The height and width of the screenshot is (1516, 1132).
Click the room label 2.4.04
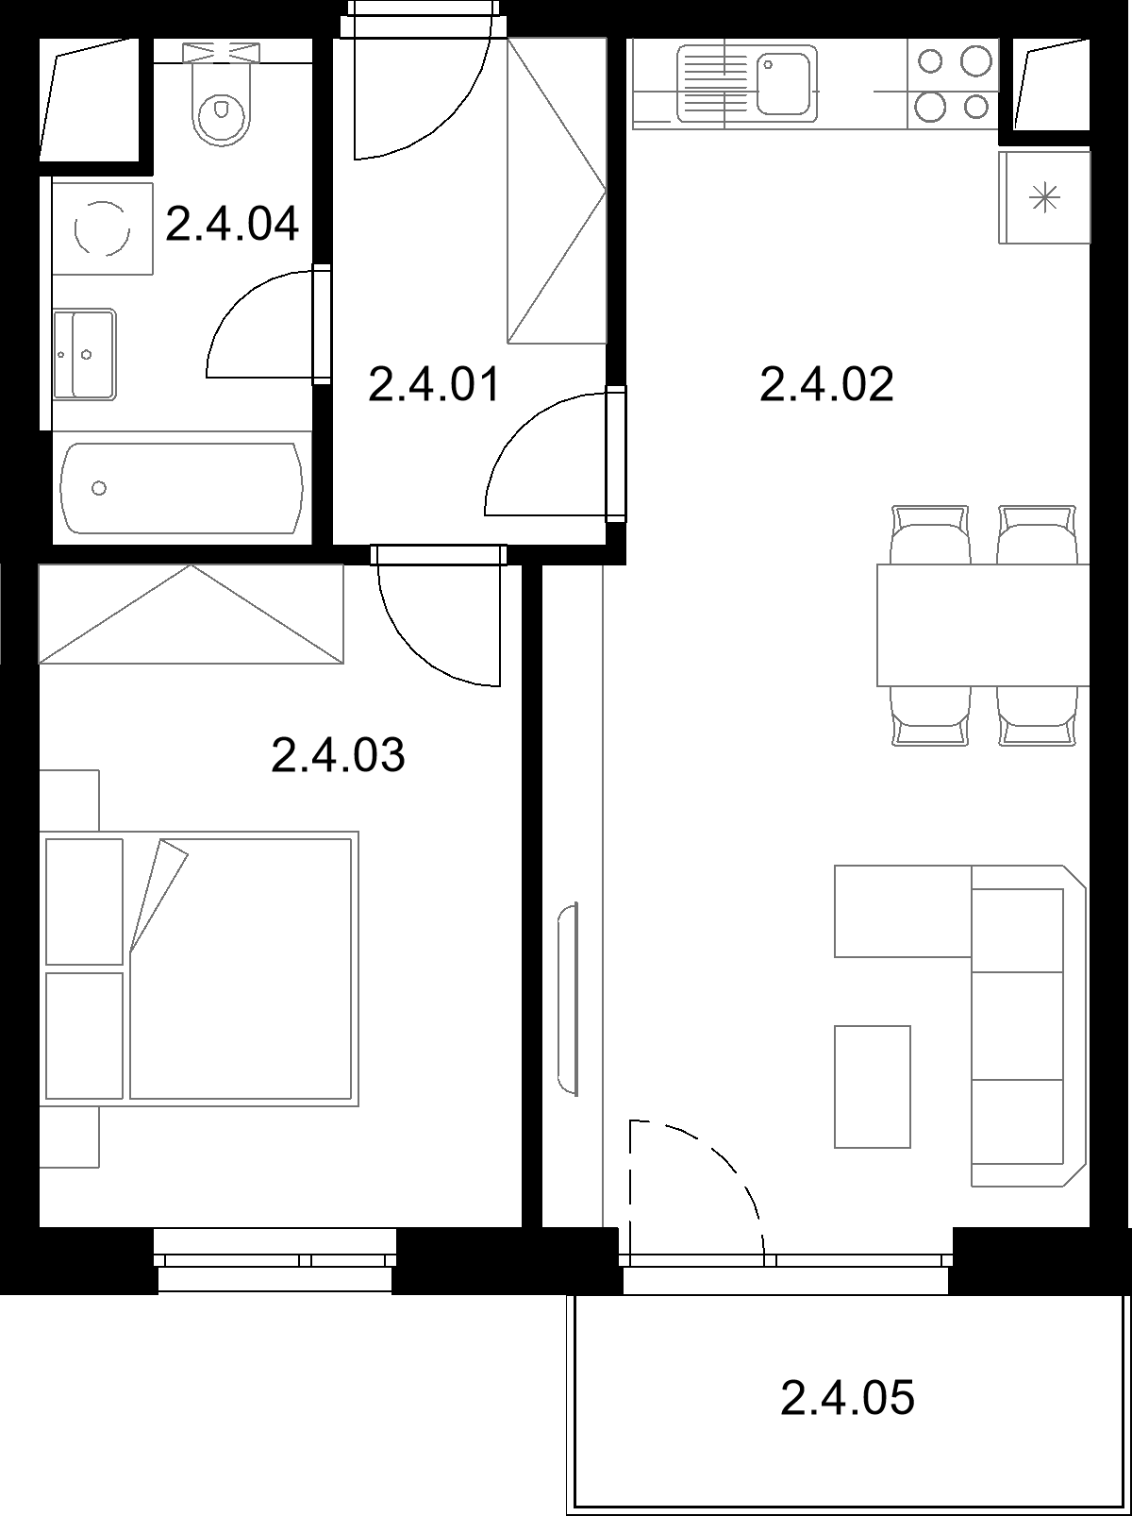pos(232,224)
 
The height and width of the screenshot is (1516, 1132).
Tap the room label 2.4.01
pos(434,384)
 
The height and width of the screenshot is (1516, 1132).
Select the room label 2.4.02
pos(826,384)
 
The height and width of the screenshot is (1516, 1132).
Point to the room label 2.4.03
pos(338,754)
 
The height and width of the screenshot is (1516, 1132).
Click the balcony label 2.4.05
pos(847,1397)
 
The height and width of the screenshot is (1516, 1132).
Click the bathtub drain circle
pos(99,488)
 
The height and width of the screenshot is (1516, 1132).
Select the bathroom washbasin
pos(84,354)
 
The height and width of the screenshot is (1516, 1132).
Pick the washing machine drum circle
pos(102,228)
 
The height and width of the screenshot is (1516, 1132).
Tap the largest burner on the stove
pos(975,60)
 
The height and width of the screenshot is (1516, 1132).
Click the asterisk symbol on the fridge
pos(1044,198)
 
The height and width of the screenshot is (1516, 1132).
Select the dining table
pos(983,625)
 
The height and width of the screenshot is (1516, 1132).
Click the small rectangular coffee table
pos(873,1086)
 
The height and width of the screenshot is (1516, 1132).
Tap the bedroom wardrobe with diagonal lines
pos(191,615)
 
